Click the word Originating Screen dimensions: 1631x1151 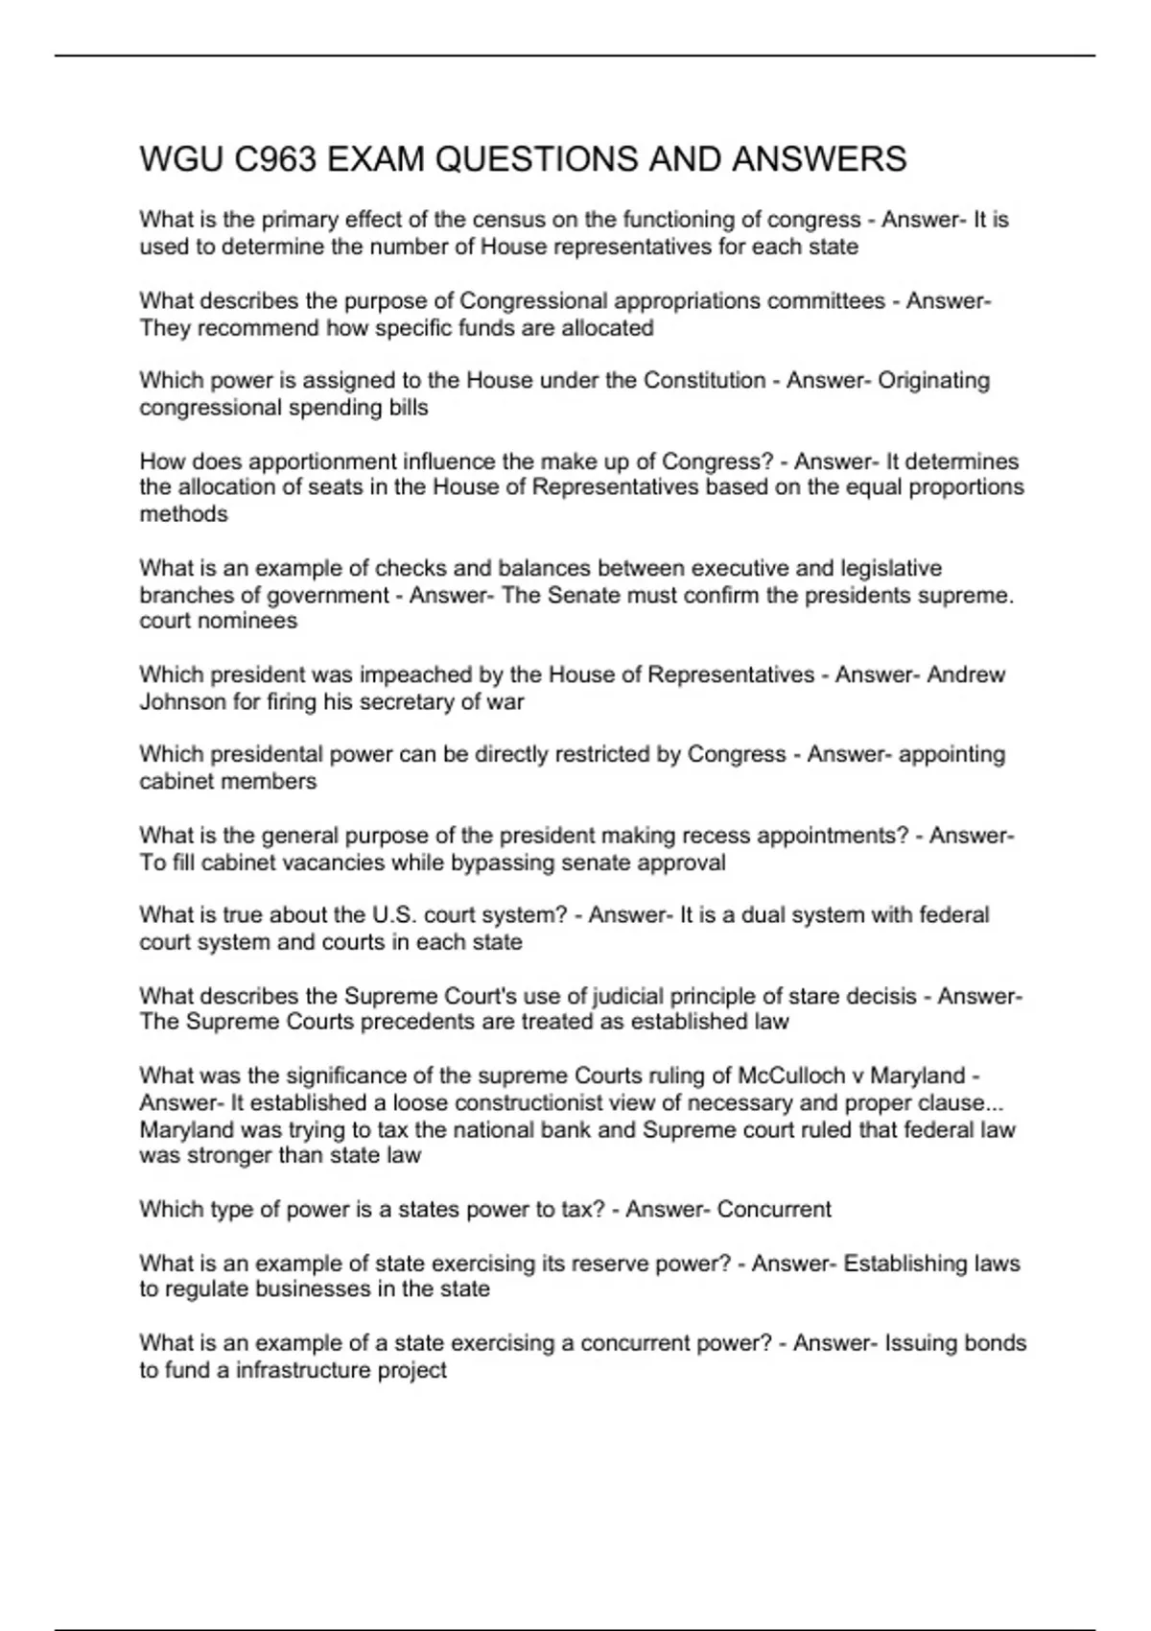tap(933, 380)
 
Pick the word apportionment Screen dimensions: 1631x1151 tap(326, 461)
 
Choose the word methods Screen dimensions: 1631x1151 tap(183, 514)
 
